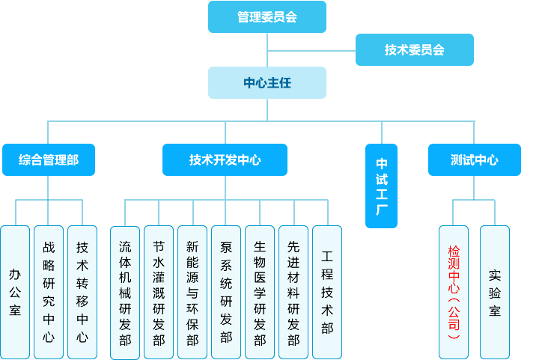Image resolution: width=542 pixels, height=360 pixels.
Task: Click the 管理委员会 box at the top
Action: click(267, 16)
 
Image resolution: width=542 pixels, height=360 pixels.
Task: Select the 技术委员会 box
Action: click(414, 49)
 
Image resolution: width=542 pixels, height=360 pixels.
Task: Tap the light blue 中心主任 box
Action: click(267, 82)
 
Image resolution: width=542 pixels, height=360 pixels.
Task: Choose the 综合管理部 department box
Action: click(49, 159)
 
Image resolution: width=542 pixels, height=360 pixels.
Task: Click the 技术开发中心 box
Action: click(225, 159)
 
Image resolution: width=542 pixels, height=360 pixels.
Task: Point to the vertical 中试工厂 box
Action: click(381, 186)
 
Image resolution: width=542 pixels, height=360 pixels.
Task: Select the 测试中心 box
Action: click(475, 159)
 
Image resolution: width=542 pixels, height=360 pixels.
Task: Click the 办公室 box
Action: click(15, 292)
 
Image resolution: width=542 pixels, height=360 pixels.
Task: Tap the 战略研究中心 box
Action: click(49, 292)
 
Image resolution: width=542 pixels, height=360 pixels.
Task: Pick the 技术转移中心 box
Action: click(82, 292)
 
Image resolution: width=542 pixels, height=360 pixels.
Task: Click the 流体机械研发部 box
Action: click(125, 292)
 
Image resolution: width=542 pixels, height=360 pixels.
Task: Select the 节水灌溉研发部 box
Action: click(159, 292)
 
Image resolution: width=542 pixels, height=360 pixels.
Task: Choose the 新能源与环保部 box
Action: click(192, 292)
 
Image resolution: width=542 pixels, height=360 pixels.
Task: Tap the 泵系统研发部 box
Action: click(226, 292)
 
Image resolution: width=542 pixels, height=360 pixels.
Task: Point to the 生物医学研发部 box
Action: click(260, 292)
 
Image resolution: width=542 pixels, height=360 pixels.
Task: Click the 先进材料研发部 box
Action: click(293, 292)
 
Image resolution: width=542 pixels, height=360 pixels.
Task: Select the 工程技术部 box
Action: click(327, 292)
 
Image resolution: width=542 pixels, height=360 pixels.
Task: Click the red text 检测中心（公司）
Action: click(454, 292)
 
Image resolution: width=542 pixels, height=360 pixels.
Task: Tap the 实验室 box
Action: click(495, 292)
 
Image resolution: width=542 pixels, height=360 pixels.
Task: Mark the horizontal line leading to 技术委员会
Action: click(311, 50)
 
